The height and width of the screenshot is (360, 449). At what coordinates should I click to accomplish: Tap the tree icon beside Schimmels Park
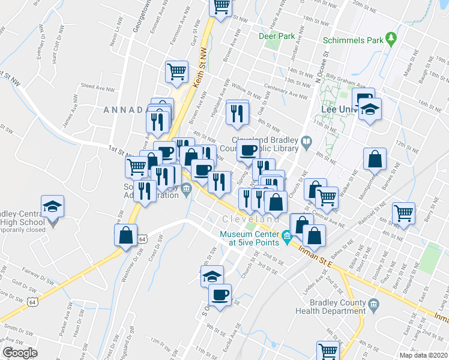click(x=391, y=38)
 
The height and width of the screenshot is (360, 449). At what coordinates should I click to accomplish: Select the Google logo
click(x=20, y=352)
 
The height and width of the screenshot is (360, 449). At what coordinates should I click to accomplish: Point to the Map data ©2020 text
click(x=423, y=355)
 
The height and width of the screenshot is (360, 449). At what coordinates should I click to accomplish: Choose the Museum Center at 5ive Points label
click(x=249, y=238)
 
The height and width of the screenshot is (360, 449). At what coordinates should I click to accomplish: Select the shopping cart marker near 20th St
click(x=221, y=7)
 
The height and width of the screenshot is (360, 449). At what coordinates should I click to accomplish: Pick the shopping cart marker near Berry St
click(x=403, y=212)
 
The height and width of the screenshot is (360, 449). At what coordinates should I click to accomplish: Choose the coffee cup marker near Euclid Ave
click(x=220, y=295)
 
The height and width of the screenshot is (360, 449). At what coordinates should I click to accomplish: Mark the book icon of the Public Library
click(x=307, y=142)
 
